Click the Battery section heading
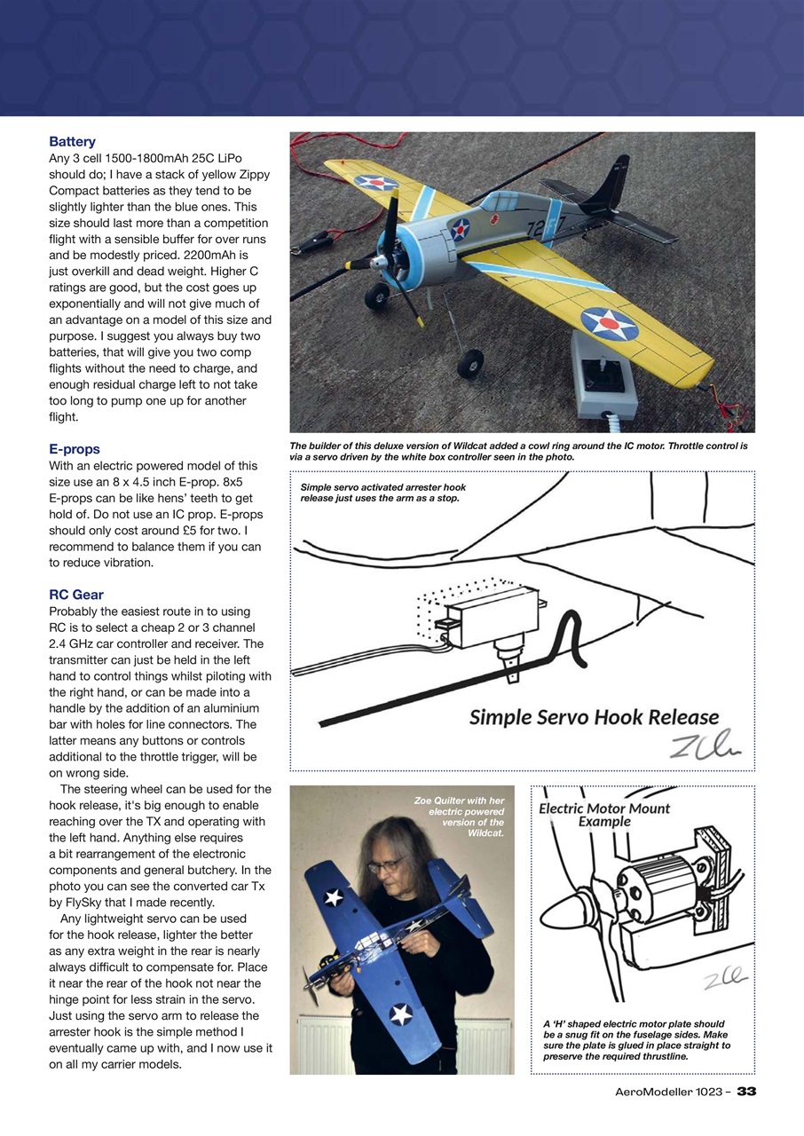click(x=72, y=142)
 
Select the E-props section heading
click(x=75, y=449)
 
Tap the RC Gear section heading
click(x=81, y=595)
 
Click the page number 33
click(x=746, y=1092)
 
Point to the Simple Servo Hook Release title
click(x=594, y=717)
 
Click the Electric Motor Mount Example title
click(x=603, y=815)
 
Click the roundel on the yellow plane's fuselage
click(x=460, y=230)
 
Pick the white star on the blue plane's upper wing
click(x=334, y=896)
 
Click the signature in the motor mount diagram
click(x=722, y=980)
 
